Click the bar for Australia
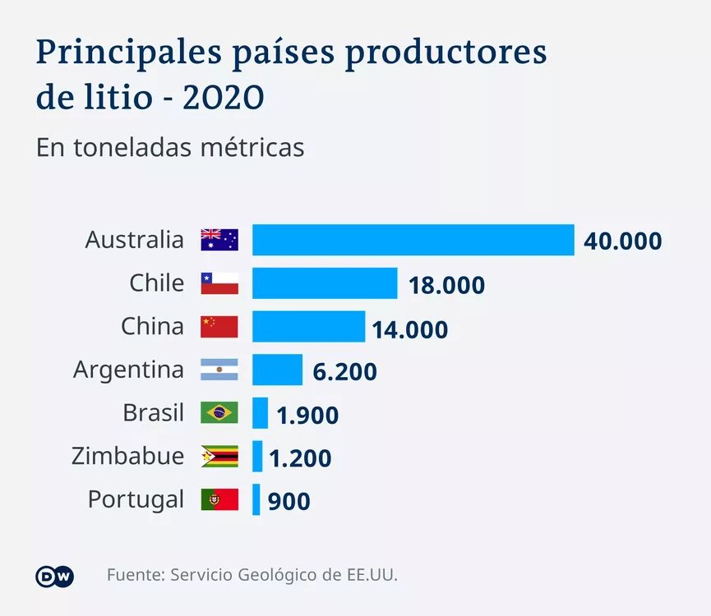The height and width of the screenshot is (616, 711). [413, 240]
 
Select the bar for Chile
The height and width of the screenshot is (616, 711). [325, 283]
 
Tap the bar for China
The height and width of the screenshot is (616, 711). [308, 326]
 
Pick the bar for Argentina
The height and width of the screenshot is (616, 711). [277, 370]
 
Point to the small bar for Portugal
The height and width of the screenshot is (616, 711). [256, 499]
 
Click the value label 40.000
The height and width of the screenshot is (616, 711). [622, 241]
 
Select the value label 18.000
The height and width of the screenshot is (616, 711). [446, 285]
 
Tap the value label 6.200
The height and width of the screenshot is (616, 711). [344, 372]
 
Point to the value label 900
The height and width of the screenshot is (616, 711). [289, 501]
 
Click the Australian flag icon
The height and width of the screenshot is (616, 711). [219, 240]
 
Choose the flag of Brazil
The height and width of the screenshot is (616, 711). [219, 412]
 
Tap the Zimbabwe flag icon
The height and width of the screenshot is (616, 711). [219, 456]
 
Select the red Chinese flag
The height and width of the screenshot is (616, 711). [219, 326]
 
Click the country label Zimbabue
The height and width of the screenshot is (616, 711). [127, 456]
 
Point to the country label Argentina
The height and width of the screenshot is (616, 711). [128, 370]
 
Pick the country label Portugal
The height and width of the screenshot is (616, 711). [136, 499]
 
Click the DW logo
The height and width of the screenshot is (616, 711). [55, 576]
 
